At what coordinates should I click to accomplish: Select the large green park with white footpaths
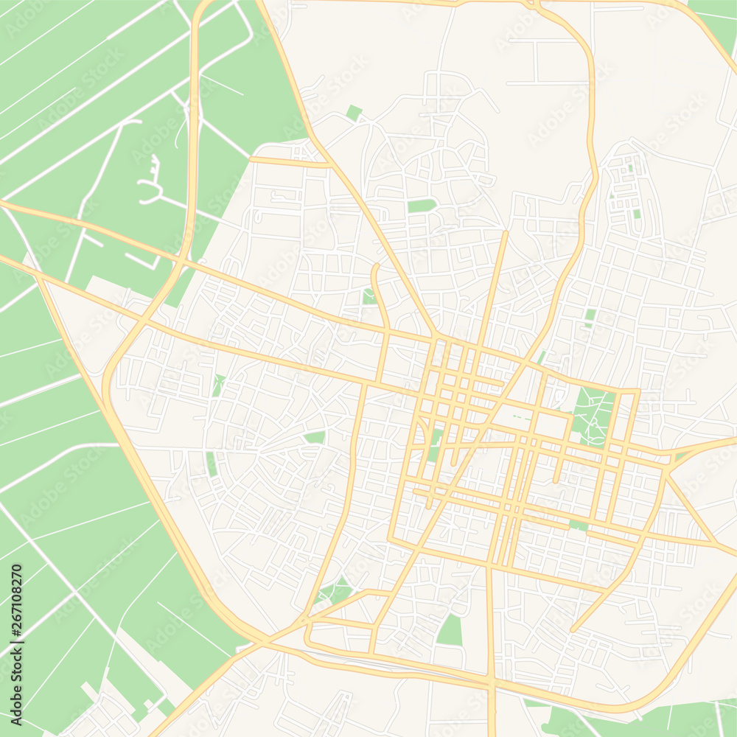pos(594,417)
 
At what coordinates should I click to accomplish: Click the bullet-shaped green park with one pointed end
pos(422,206)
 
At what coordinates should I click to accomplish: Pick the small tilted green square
pos(354,113)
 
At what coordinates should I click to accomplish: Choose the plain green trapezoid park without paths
pos(450,631)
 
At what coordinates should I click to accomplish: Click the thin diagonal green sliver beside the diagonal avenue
pos(542,357)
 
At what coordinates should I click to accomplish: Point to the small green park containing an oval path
pos(368,296)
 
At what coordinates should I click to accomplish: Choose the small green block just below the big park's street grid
pos(579,525)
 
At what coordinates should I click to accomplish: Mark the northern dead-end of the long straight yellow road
pos(506,234)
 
